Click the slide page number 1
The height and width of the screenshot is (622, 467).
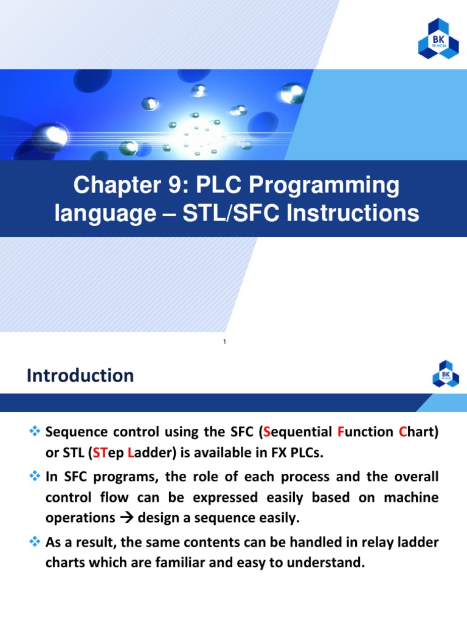click(224, 342)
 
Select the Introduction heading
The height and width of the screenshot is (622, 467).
click(80, 375)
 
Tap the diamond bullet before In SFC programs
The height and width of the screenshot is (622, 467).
click(34, 477)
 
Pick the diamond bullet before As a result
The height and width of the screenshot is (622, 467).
click(34, 541)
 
